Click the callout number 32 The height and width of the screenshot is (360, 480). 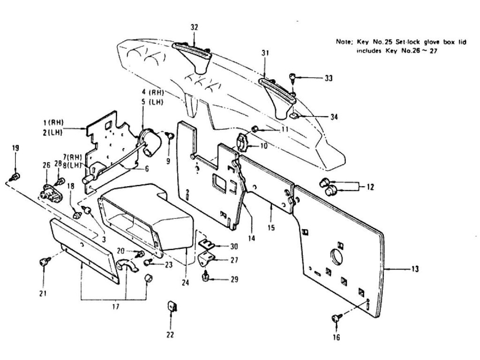pos(194,27)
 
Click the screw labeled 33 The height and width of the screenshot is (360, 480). pos(292,77)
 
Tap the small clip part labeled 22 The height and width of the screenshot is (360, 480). pos(171,307)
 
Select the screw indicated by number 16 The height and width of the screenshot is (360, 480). pos(335,319)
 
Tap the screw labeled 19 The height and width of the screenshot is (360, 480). pos(15,177)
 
